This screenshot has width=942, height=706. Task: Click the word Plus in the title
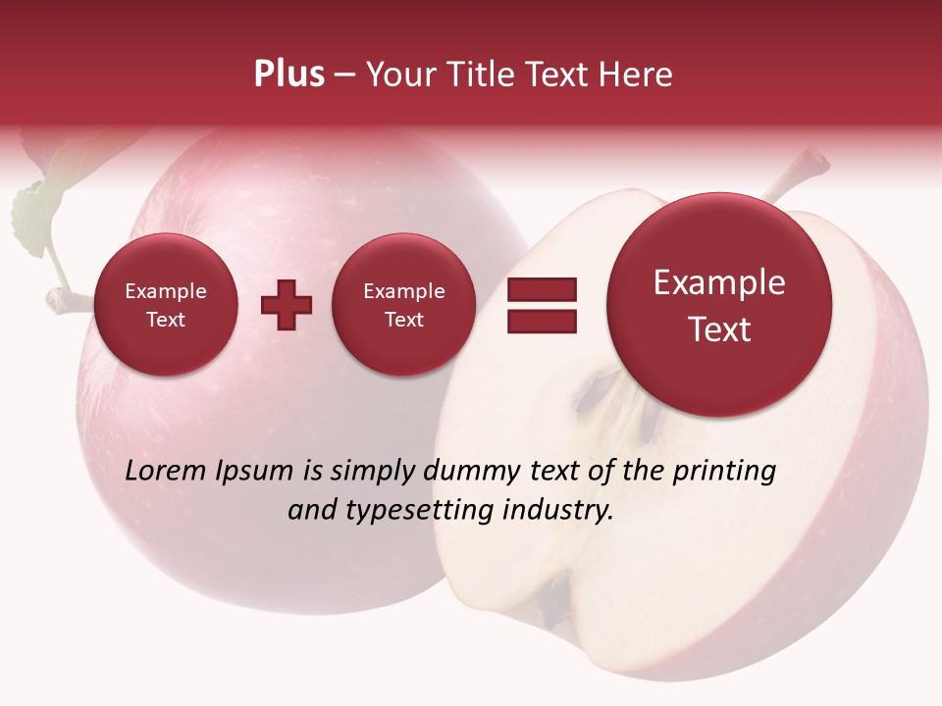coord(288,75)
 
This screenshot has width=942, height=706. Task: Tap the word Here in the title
coord(636,75)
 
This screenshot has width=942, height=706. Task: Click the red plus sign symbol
coord(287,305)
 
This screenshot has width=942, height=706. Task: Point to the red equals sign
coord(541,305)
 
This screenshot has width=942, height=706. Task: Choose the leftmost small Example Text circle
coord(165,305)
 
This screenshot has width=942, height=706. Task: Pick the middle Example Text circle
coord(403,305)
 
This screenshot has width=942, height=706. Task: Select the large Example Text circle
coord(719,305)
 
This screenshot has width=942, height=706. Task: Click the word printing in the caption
coord(723,472)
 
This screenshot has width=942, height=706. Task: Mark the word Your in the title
coord(396,75)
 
